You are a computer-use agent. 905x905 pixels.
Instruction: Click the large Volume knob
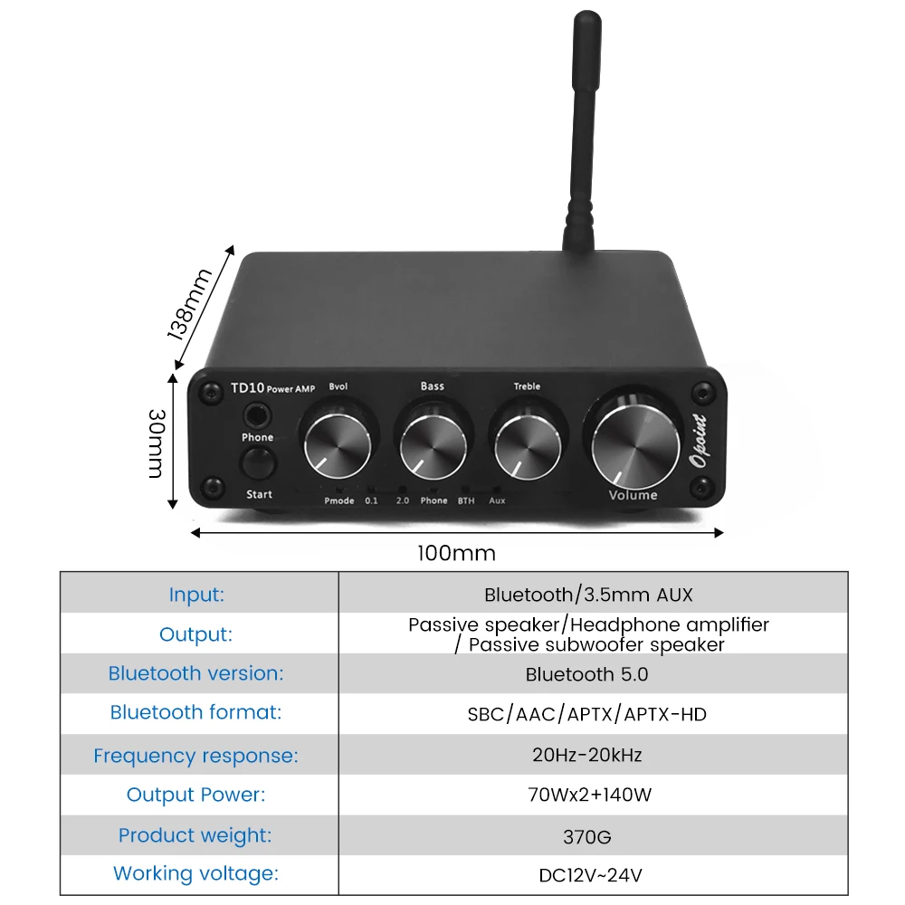[635, 443]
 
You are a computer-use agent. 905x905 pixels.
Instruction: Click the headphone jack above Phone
[257, 415]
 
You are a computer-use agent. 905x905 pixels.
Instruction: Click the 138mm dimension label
[190, 303]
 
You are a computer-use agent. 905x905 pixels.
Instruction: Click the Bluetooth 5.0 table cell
[586, 674]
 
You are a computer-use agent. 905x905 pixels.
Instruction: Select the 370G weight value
[586, 836]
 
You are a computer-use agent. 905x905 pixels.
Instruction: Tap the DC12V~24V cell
[586, 876]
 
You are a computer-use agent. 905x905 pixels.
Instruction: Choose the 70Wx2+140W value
[586, 795]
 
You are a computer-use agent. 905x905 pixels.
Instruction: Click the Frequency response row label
[195, 756]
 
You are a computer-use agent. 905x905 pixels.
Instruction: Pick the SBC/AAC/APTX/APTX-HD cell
[586, 714]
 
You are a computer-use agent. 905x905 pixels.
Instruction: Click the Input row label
[196, 595]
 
